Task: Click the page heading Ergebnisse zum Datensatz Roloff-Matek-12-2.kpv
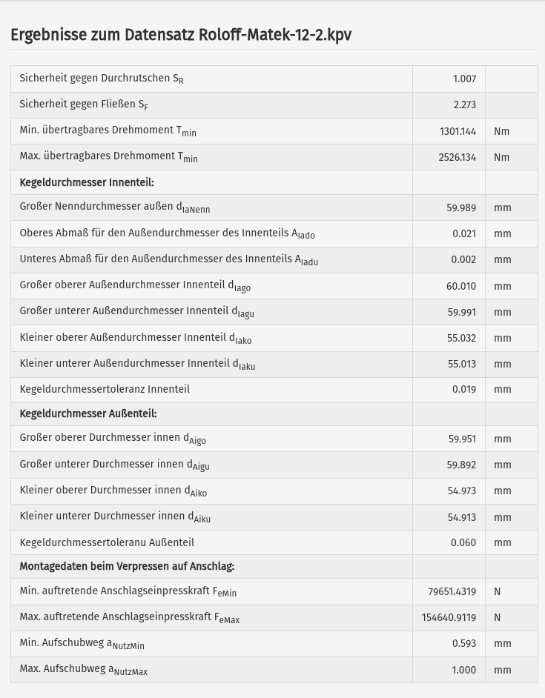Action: (x=181, y=35)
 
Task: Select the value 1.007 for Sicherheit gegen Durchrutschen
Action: (x=464, y=79)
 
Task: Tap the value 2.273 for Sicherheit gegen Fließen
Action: (x=464, y=105)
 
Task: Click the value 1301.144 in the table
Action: (x=458, y=131)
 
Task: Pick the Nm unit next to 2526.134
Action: (x=502, y=157)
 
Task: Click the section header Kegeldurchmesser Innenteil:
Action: (x=87, y=182)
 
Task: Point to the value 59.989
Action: (x=461, y=208)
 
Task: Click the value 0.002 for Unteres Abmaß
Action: (x=463, y=260)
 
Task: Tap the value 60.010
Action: (x=461, y=286)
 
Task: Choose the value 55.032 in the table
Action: (x=462, y=338)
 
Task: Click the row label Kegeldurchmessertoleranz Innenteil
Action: (x=105, y=389)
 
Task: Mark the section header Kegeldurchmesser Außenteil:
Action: (x=88, y=413)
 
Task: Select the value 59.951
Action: (x=462, y=439)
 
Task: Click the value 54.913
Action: (x=462, y=517)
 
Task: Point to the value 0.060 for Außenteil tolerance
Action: (x=463, y=542)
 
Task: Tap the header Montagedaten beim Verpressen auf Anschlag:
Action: (x=127, y=566)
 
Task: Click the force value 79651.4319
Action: (x=452, y=591)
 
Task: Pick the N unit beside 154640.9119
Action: (x=497, y=617)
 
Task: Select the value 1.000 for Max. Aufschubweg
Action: (x=463, y=670)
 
